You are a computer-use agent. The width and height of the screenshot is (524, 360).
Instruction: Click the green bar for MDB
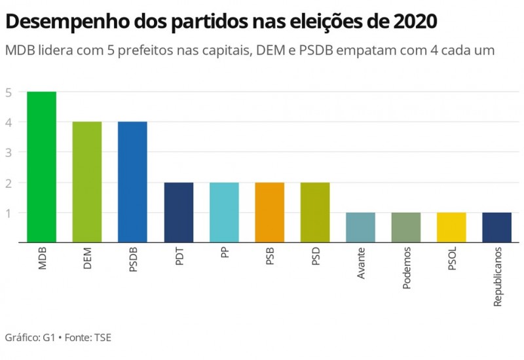(x=41, y=167)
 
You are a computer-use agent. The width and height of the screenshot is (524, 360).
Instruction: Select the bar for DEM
(x=86, y=182)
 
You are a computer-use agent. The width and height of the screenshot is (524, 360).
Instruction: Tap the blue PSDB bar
(x=132, y=182)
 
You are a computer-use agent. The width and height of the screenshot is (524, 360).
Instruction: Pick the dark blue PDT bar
(x=178, y=213)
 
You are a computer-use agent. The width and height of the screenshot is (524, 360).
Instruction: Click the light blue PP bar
(x=224, y=213)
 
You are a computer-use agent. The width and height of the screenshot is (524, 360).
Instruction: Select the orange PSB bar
(x=269, y=213)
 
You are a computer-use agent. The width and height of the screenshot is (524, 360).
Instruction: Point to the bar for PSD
(x=315, y=213)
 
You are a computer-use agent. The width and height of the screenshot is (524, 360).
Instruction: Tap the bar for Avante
(x=360, y=228)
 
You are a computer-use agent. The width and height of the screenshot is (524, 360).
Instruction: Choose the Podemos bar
(x=406, y=228)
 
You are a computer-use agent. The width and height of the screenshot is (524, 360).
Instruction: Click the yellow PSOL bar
(x=451, y=228)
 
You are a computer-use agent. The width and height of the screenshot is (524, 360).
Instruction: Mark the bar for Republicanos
(x=497, y=228)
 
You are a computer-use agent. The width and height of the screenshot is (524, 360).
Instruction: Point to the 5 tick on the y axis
(x=8, y=92)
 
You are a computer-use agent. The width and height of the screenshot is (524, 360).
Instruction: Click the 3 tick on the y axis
(x=8, y=153)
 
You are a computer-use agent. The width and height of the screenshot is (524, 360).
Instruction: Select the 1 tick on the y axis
(x=8, y=213)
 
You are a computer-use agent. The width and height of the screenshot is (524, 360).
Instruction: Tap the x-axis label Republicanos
(x=498, y=276)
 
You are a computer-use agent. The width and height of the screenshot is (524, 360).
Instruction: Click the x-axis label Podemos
(x=407, y=268)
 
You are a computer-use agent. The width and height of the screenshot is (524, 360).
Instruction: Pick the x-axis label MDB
(x=42, y=259)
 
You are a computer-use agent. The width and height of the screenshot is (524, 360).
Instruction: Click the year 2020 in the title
(x=416, y=22)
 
